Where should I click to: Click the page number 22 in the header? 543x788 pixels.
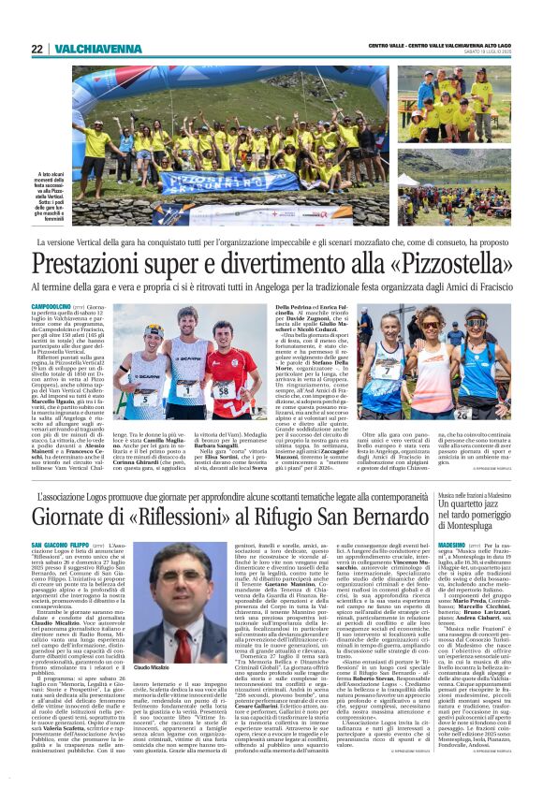(37, 49)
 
